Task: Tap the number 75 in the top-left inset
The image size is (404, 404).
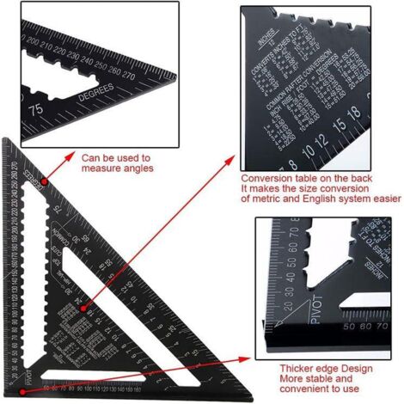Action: click(37, 109)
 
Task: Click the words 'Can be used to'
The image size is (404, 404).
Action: click(115, 158)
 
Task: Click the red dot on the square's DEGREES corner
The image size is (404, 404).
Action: click(39, 181)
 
